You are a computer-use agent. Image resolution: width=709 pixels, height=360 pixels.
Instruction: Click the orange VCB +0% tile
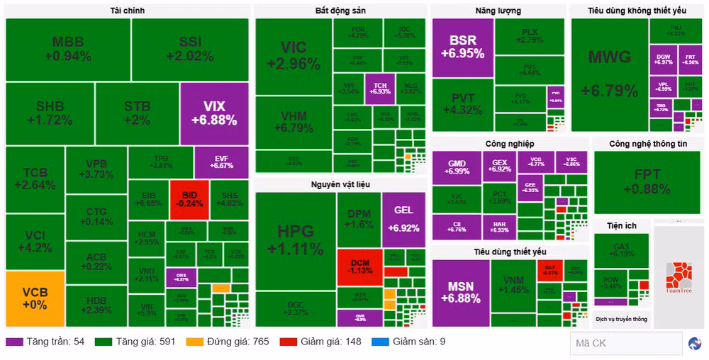pyautogui.click(x=35, y=298)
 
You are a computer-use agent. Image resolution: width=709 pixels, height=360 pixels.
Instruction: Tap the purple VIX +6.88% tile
pyautogui.click(x=214, y=113)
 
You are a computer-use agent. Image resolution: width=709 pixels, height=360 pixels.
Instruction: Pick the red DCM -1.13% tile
pyautogui.click(x=359, y=266)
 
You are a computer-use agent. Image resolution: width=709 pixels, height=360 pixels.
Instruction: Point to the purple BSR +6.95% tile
pyautogui.click(x=462, y=47)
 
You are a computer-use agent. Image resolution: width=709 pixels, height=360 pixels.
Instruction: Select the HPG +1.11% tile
pyautogui.click(x=295, y=240)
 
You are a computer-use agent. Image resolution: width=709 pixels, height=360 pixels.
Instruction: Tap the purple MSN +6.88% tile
pyautogui.click(x=461, y=293)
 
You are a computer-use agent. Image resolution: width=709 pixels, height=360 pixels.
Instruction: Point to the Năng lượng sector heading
pyautogui.click(x=498, y=11)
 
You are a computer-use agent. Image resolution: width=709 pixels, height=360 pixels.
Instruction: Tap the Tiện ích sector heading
pyautogui.click(x=621, y=225)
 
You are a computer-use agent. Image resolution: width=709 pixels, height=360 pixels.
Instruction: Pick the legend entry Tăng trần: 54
pyautogui.click(x=45, y=342)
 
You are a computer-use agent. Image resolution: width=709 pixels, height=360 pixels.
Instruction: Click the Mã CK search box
pyautogui.click(x=625, y=343)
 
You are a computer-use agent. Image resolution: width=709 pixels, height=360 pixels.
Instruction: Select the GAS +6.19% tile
pyautogui.click(x=621, y=249)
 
